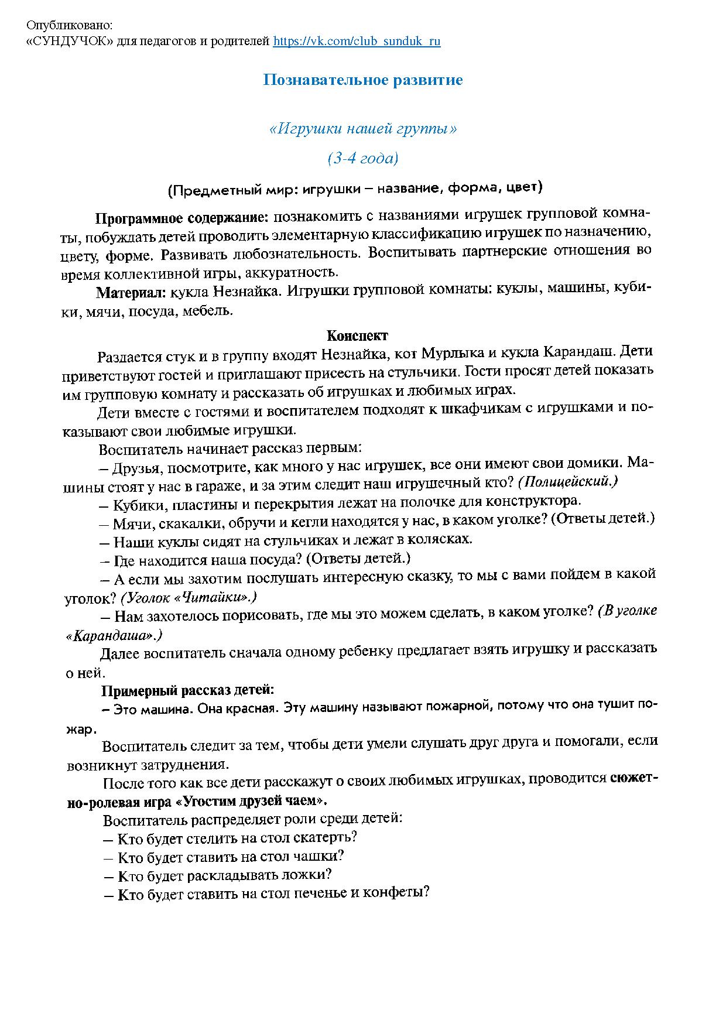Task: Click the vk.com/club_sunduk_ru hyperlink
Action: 357,42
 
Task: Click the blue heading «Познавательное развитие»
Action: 362,80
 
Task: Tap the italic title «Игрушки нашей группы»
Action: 362,129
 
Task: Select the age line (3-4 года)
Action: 362,158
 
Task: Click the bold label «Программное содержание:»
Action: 181,218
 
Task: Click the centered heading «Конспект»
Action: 357,336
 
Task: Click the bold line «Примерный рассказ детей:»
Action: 187,691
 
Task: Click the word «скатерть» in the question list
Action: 328,837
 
